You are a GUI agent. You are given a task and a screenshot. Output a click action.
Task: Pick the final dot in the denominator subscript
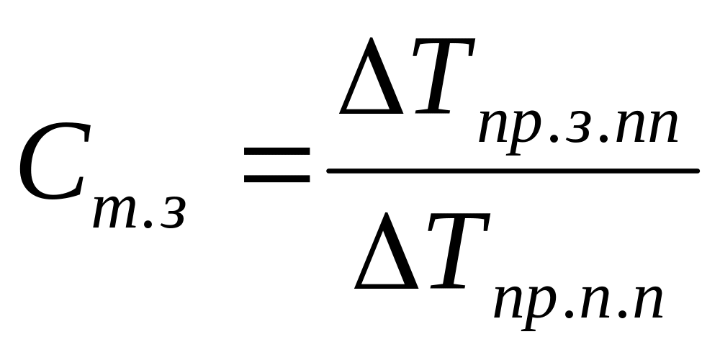[x=618, y=312]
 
